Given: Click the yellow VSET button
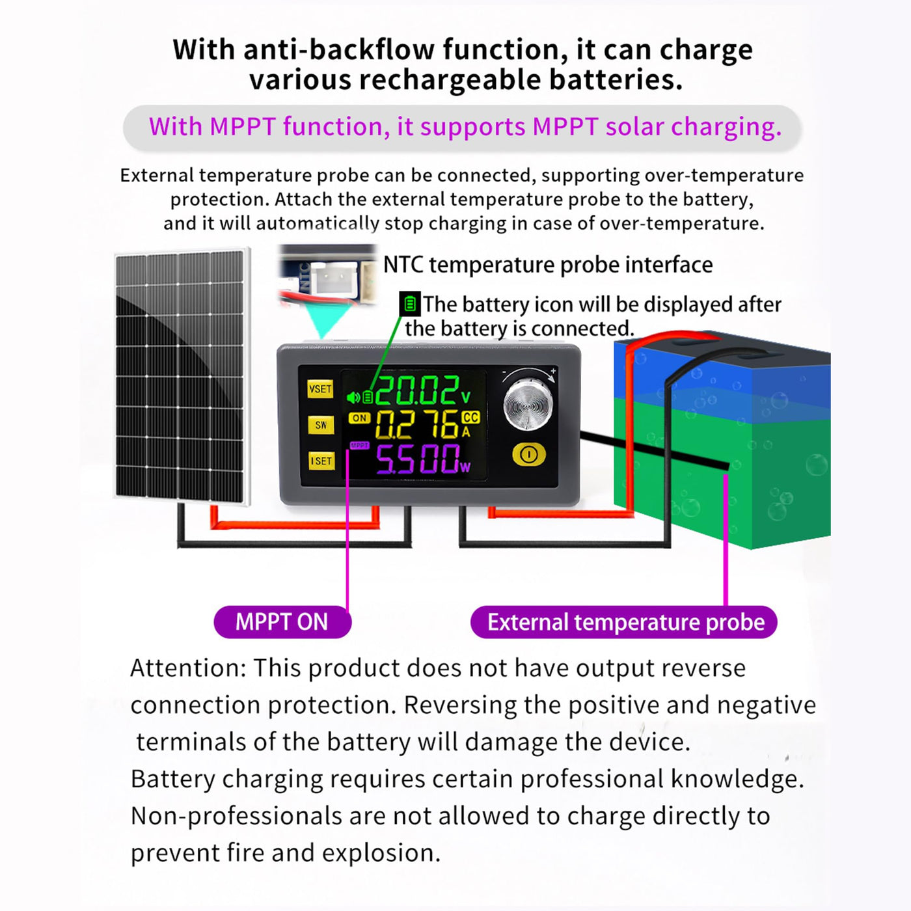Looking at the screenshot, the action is pos(320,389).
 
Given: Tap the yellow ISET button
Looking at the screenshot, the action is pos(321,461).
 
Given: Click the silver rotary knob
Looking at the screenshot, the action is pos(528,404).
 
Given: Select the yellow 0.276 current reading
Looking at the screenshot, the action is pos(416,424).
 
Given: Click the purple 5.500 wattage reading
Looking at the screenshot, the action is pos(418,459).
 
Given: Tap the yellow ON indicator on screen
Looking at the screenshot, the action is pos(359,418).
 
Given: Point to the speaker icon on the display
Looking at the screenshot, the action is pos(353,397).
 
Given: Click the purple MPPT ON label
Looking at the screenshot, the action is pos(282,621).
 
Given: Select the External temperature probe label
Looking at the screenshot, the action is pos(624,622).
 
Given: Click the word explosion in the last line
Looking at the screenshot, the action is pos(381,853).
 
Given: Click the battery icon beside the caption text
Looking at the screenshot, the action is pos(410,304).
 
